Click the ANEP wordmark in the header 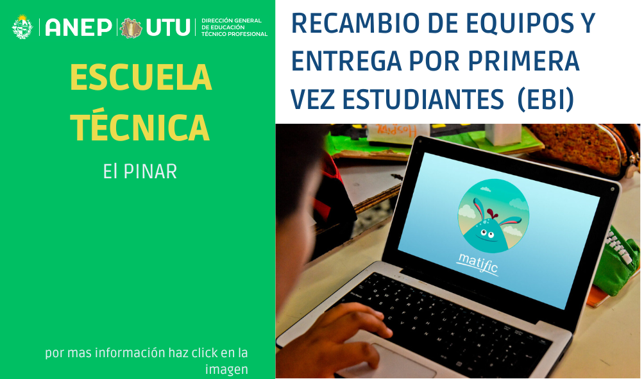(78, 27)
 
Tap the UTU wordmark (168, 27)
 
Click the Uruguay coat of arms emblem (22, 27)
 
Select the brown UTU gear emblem (131, 28)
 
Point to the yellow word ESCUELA (141, 78)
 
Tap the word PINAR (150, 171)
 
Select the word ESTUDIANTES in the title (423, 99)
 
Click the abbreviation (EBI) (545, 100)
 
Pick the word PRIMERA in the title (523, 61)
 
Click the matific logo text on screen (478, 264)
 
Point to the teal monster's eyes (487, 233)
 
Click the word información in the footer (131, 353)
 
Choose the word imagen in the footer (226, 369)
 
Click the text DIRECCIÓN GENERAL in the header (231, 21)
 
